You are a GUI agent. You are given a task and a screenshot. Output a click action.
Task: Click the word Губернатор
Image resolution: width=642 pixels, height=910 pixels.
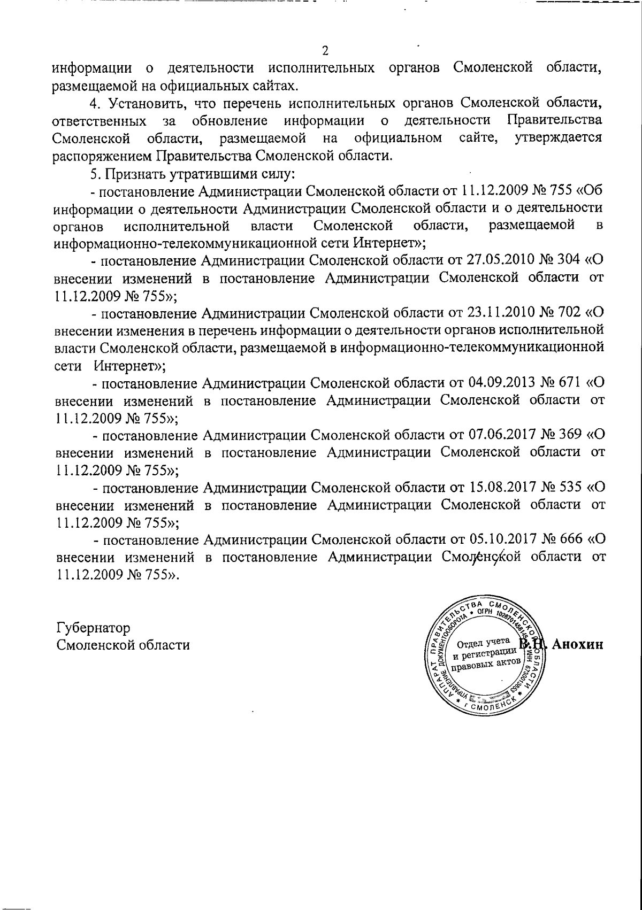93,628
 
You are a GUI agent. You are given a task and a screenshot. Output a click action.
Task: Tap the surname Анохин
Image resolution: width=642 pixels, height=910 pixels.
577,644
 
